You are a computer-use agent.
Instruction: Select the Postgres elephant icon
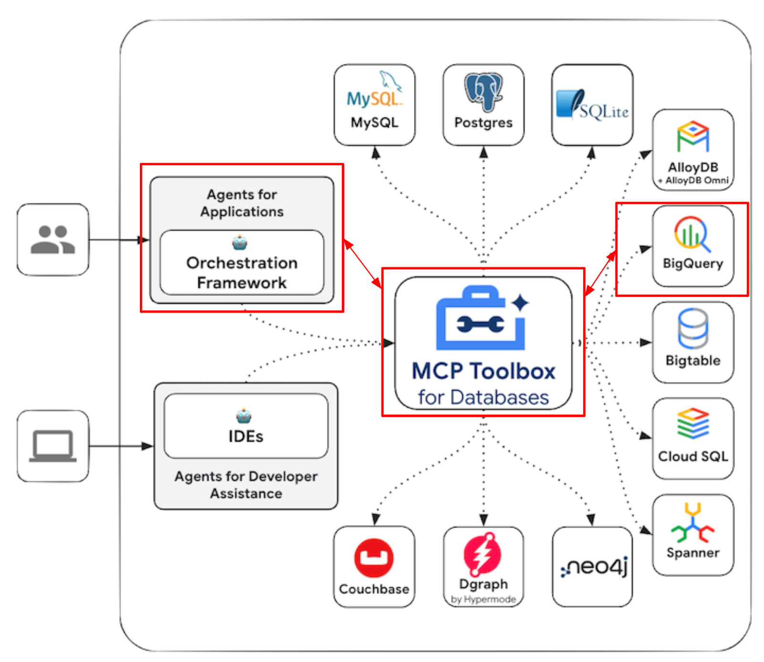click(x=483, y=91)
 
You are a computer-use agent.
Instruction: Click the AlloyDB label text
click(x=693, y=167)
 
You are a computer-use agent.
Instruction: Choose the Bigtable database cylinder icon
click(x=693, y=329)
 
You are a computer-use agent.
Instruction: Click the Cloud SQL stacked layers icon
click(x=693, y=423)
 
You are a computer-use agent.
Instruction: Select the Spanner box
click(x=693, y=535)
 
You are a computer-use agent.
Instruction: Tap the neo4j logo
click(x=594, y=567)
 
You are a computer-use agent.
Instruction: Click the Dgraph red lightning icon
click(x=483, y=554)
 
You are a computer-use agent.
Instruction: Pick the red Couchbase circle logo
click(x=374, y=558)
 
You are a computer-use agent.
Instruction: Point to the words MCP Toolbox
click(x=483, y=371)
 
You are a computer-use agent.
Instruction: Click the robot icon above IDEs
click(x=244, y=416)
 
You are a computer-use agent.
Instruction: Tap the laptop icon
click(x=53, y=446)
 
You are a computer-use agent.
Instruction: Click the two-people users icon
click(x=53, y=239)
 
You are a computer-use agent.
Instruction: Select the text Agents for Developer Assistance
click(x=246, y=484)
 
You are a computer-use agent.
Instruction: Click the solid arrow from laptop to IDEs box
click(x=121, y=446)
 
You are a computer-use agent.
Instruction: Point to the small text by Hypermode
click(x=483, y=599)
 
